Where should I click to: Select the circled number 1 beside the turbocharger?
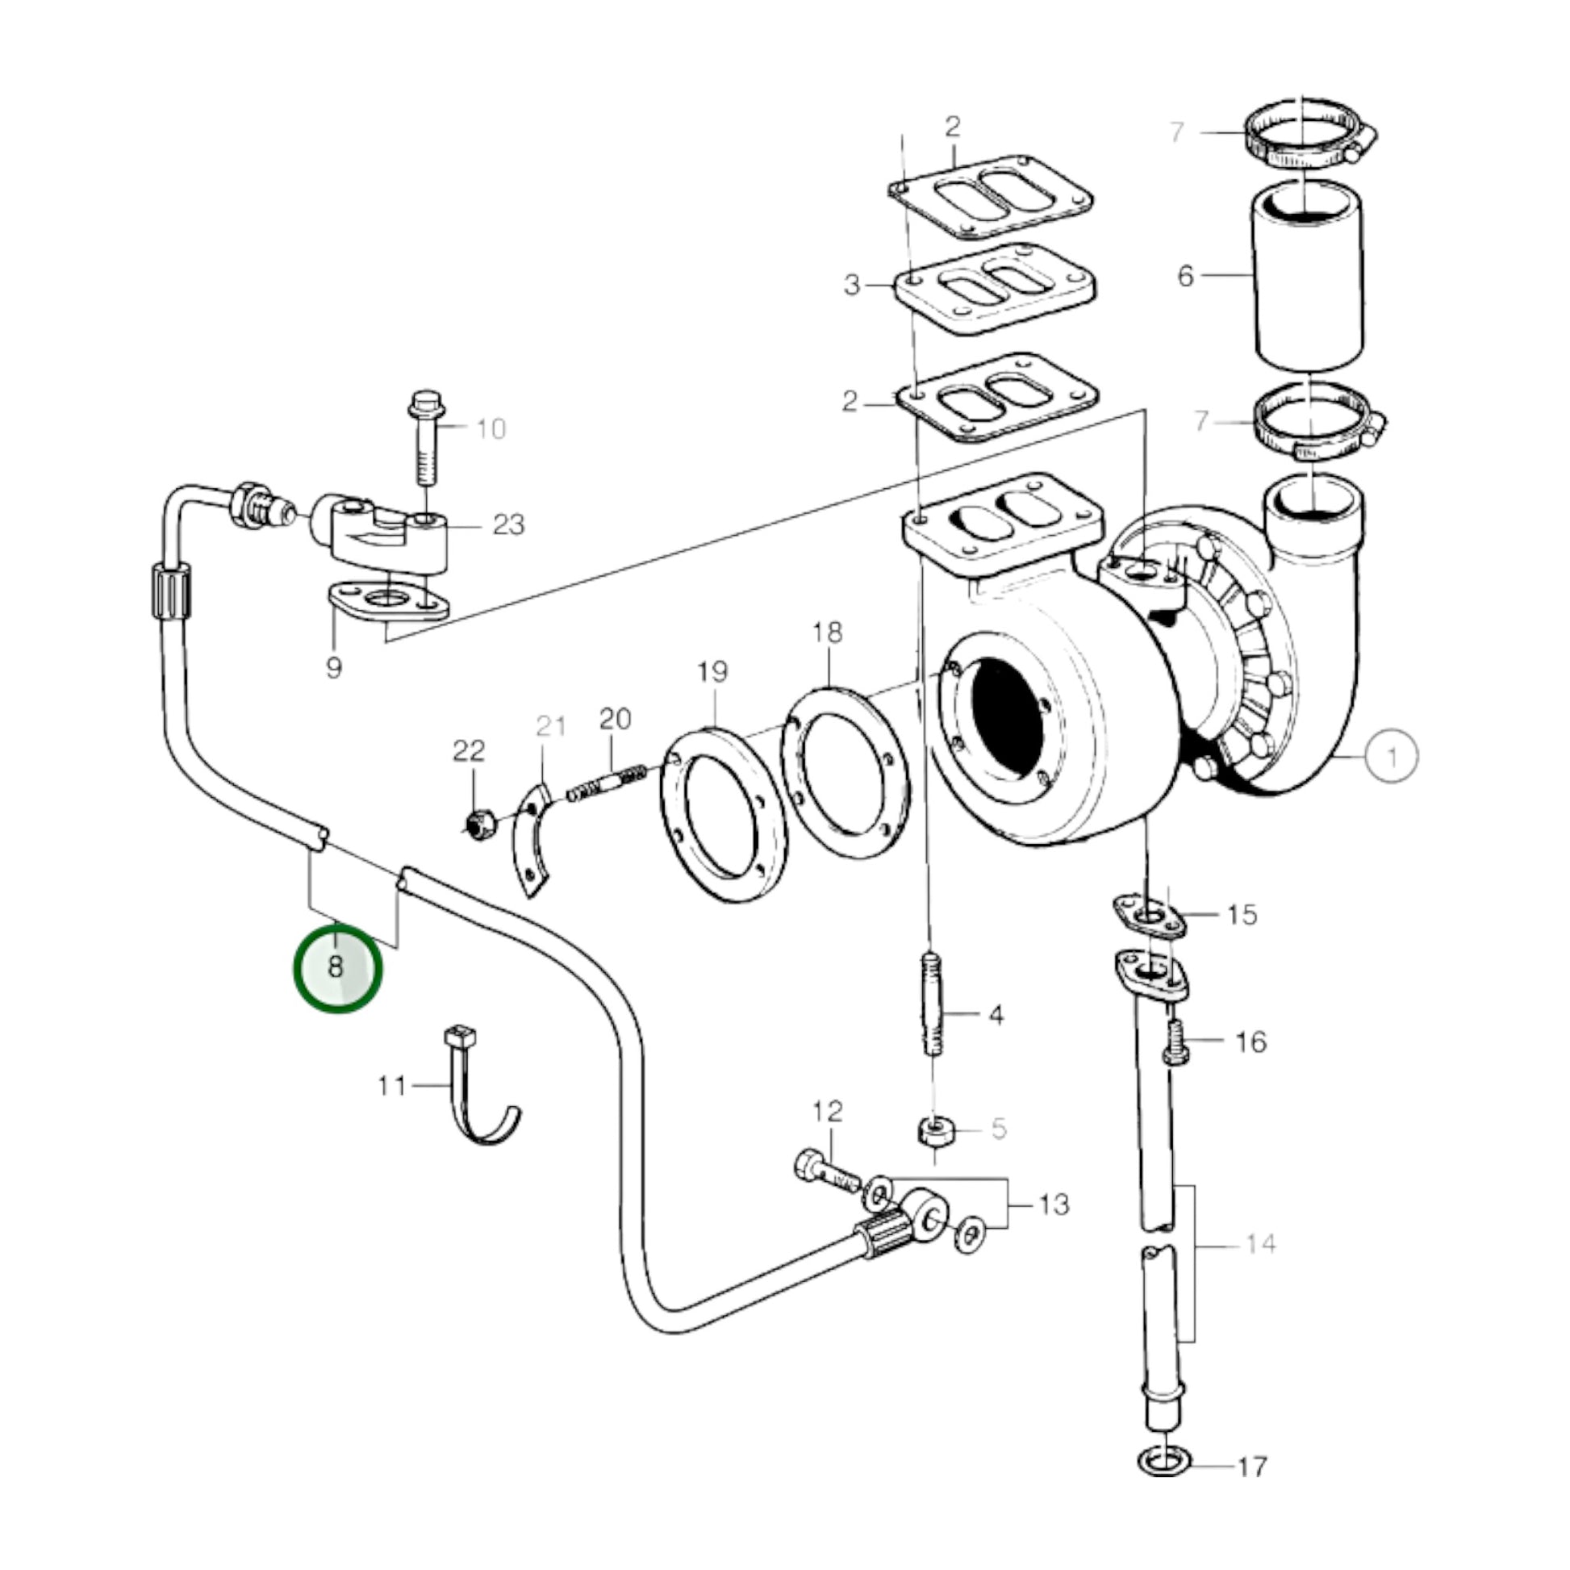click(1391, 758)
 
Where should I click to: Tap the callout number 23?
click(509, 525)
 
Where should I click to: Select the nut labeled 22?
click(481, 825)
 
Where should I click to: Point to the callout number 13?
click(1054, 1204)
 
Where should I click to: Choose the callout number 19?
click(712, 672)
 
